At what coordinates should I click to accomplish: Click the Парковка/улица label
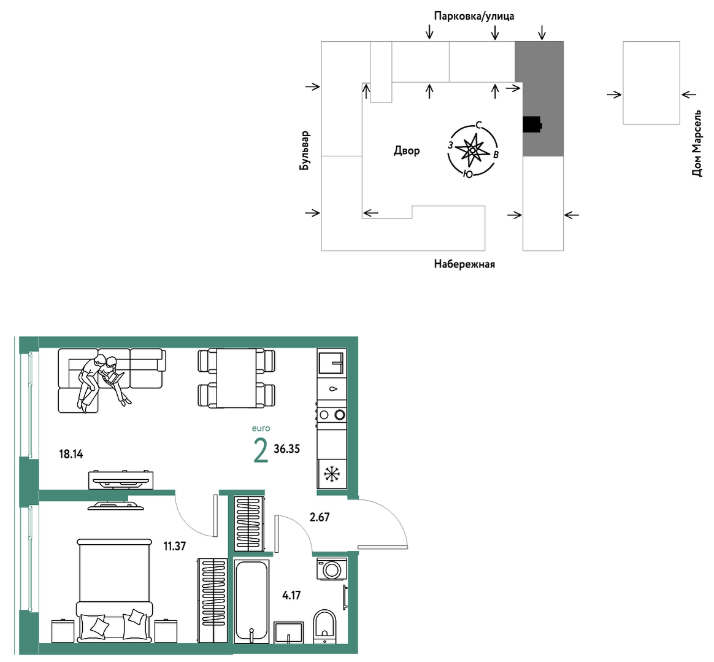pyautogui.click(x=474, y=17)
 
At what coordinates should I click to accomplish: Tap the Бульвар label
pyautogui.click(x=305, y=151)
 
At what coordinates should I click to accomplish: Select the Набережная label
pyautogui.click(x=464, y=264)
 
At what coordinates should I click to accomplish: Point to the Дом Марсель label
pyautogui.click(x=697, y=143)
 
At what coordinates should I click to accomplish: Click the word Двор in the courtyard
pyautogui.click(x=407, y=151)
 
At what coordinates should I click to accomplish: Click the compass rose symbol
pyautogui.click(x=472, y=150)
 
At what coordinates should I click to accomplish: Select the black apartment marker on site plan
pyautogui.click(x=532, y=125)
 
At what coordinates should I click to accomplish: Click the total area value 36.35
pyautogui.click(x=287, y=449)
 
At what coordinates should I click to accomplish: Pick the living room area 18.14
pyautogui.click(x=71, y=454)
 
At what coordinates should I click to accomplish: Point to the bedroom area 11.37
pyautogui.click(x=174, y=546)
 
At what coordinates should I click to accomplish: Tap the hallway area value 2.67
pyautogui.click(x=320, y=518)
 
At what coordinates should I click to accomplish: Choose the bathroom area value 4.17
pyautogui.click(x=291, y=596)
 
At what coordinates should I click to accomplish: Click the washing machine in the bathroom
pyautogui.click(x=332, y=569)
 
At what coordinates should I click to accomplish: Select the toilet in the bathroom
pyautogui.click(x=324, y=626)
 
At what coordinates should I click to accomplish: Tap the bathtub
pyautogui.click(x=251, y=601)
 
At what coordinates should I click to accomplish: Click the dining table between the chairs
pyautogui.click(x=236, y=378)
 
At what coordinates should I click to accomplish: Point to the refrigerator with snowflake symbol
pyautogui.click(x=332, y=474)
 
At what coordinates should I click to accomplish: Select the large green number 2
pyautogui.click(x=261, y=451)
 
